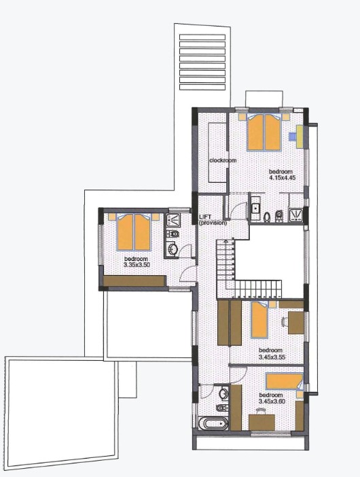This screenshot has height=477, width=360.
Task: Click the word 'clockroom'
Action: (x=222, y=160)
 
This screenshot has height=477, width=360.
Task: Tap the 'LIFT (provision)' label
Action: (x=213, y=220)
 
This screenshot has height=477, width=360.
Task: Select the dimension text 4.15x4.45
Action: (x=280, y=177)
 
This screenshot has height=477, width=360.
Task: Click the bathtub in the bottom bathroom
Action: (x=214, y=424)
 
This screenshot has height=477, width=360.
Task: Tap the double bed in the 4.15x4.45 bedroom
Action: (x=264, y=132)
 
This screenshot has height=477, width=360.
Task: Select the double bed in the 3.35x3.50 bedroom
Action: (x=133, y=232)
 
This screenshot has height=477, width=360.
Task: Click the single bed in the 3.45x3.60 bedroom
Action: (x=285, y=381)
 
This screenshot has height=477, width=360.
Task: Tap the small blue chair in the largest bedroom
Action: (x=292, y=136)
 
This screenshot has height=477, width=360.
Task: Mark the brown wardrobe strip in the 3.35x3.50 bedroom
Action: (x=134, y=281)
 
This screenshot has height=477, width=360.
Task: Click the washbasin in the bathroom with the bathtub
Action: (x=224, y=393)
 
